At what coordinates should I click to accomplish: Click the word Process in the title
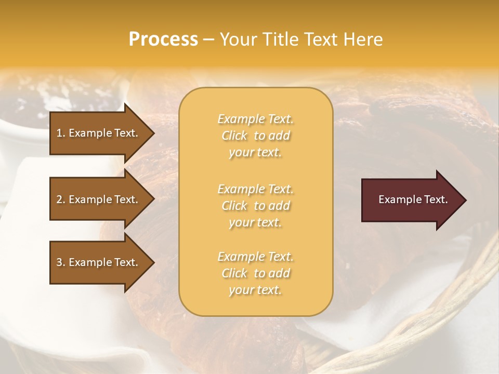click(x=163, y=39)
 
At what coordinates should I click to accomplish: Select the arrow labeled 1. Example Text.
click(x=99, y=132)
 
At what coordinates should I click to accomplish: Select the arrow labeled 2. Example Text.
click(x=99, y=199)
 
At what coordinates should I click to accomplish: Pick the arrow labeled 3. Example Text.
click(x=99, y=262)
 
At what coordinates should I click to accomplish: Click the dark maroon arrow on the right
click(x=411, y=199)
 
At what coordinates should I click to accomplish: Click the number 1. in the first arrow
click(x=61, y=133)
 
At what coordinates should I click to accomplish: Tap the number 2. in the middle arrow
click(x=61, y=199)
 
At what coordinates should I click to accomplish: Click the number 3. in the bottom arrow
click(x=61, y=262)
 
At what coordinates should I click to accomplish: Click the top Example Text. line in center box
click(x=255, y=119)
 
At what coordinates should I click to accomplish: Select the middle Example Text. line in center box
click(x=255, y=189)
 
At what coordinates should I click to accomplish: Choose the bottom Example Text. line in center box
click(x=255, y=257)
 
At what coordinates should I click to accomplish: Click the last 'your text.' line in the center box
click(x=255, y=290)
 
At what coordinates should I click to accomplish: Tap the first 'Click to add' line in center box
click(x=255, y=136)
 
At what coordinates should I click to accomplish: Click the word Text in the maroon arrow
click(x=436, y=199)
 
